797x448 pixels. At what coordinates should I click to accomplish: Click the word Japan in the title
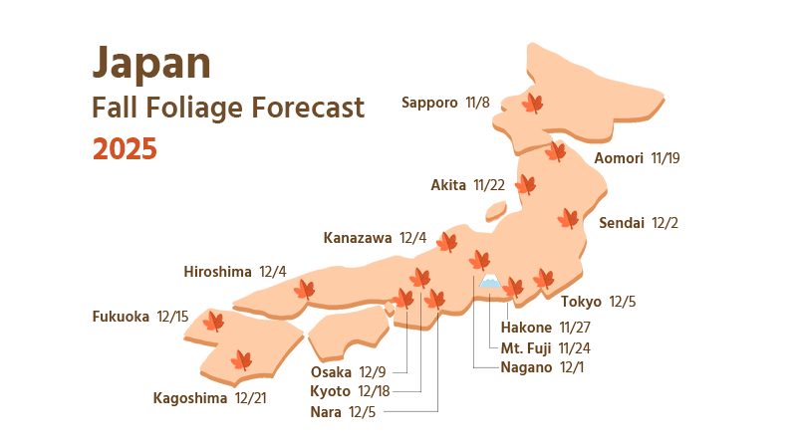click(151, 64)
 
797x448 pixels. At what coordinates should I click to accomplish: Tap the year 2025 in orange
click(125, 149)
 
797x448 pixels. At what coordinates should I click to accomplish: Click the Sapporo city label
click(429, 103)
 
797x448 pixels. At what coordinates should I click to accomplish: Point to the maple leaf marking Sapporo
click(533, 103)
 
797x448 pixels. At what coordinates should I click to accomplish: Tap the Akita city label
click(449, 185)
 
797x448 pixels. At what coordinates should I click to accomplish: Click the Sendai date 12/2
click(664, 223)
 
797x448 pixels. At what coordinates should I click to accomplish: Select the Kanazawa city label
click(358, 238)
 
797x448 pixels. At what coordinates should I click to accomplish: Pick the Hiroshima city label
click(217, 272)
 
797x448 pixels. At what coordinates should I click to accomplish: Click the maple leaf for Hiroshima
click(304, 290)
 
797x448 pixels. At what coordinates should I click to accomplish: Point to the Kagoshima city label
click(190, 398)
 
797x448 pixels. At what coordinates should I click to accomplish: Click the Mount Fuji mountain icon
click(489, 284)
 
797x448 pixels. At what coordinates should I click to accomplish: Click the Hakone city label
click(525, 328)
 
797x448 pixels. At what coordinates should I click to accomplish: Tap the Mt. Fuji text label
click(525, 347)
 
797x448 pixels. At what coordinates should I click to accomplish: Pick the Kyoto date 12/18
click(374, 390)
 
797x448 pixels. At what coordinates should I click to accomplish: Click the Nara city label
click(325, 411)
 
